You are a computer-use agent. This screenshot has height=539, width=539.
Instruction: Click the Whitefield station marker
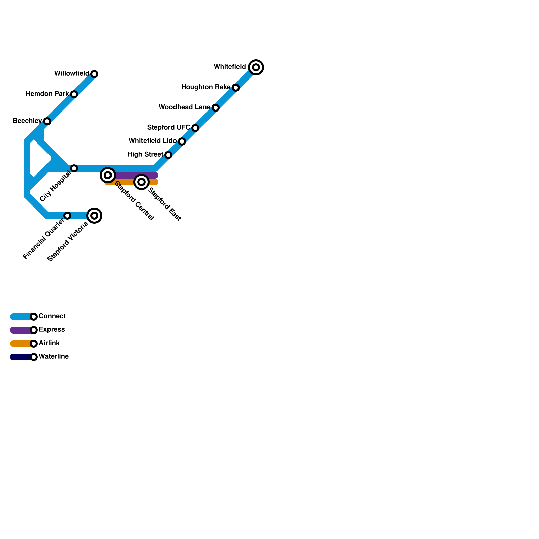click(x=256, y=67)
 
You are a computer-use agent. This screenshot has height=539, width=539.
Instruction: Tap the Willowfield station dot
click(x=94, y=74)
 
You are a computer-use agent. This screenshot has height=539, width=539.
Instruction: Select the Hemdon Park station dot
click(x=74, y=94)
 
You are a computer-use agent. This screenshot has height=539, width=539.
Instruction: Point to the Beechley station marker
click(x=47, y=121)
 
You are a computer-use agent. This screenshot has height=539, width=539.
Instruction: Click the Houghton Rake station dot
click(x=236, y=88)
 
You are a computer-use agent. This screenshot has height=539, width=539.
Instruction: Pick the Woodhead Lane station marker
click(x=216, y=108)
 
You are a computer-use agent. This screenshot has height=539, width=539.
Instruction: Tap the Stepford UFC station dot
click(x=195, y=128)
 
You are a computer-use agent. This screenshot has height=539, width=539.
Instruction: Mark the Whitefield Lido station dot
click(x=182, y=141)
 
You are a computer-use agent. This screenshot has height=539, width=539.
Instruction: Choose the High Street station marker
click(x=168, y=155)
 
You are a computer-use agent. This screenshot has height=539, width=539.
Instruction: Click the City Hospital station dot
click(x=74, y=168)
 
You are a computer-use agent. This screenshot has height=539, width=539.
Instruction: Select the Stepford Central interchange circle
click(x=108, y=175)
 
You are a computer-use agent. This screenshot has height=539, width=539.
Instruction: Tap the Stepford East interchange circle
click(x=141, y=182)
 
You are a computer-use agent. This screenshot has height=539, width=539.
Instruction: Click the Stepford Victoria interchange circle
click(x=94, y=216)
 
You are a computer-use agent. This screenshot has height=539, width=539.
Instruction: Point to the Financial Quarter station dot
click(x=67, y=216)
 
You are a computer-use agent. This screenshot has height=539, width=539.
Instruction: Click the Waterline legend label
click(x=54, y=357)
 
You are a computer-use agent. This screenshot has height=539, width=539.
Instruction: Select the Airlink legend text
click(x=49, y=343)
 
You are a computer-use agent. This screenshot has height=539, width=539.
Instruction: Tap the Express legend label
click(x=52, y=330)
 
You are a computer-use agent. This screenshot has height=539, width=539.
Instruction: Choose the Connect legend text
click(x=52, y=316)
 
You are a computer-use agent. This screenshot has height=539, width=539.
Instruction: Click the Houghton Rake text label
click(x=206, y=87)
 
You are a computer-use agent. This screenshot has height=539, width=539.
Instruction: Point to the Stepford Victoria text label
click(x=68, y=242)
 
